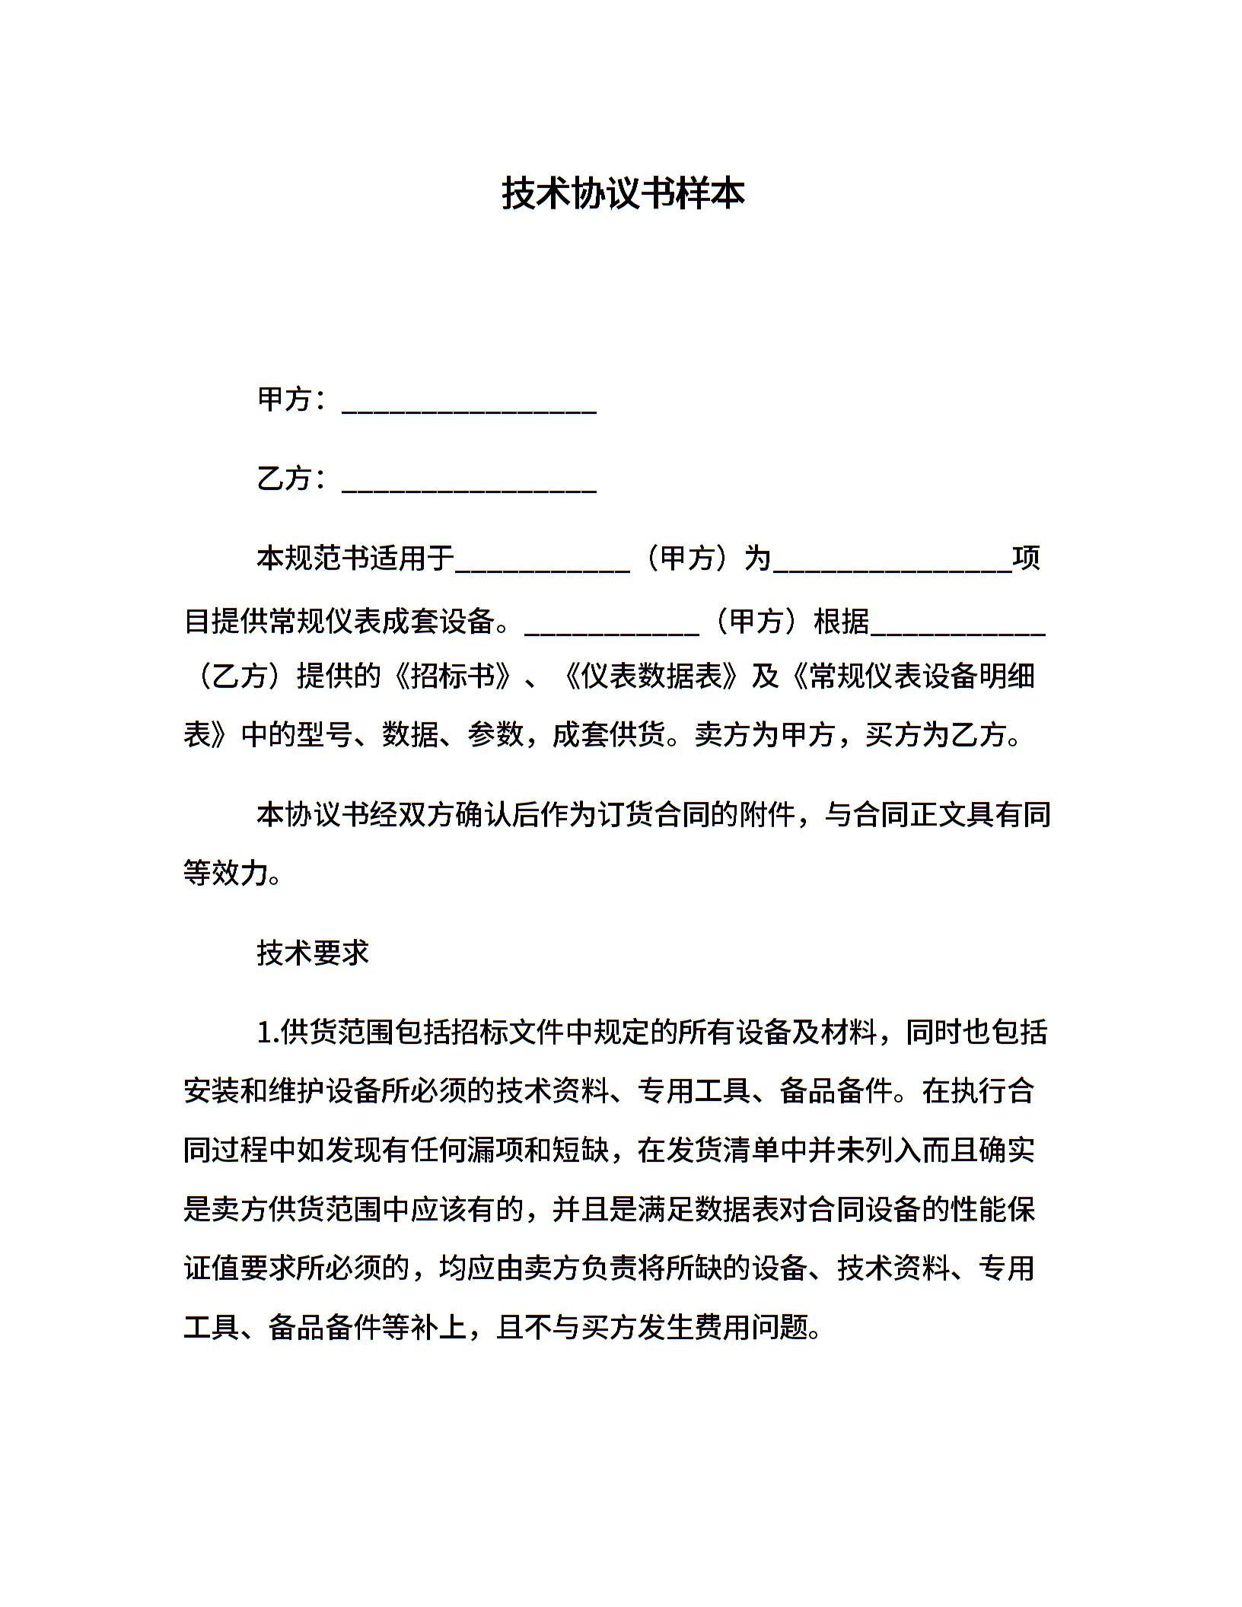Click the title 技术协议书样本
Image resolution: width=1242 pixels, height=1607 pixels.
click(x=623, y=193)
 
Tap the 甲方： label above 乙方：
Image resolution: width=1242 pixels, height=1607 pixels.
click(x=292, y=399)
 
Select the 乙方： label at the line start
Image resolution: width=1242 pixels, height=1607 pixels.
click(x=292, y=479)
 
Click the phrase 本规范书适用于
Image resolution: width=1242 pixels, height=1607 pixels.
click(x=355, y=558)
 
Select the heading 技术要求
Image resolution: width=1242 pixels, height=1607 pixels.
click(x=313, y=953)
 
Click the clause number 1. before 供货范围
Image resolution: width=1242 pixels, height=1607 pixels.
click(x=268, y=1033)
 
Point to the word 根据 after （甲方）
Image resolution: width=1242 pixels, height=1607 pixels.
click(x=842, y=621)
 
